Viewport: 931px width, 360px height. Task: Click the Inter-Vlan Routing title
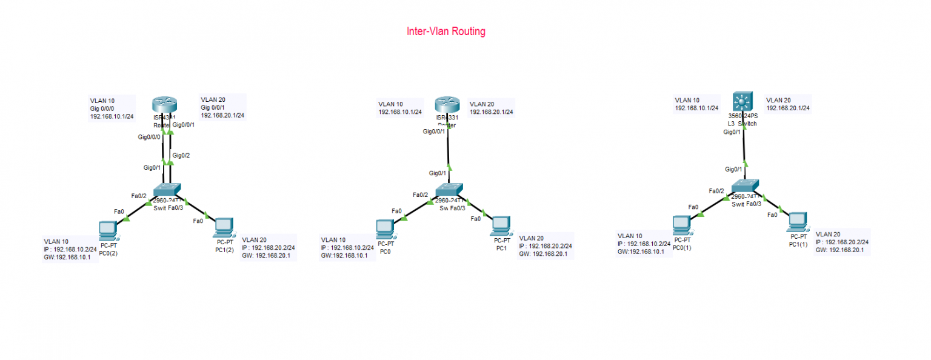pos(445,32)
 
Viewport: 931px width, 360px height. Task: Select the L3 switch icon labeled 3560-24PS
pos(741,101)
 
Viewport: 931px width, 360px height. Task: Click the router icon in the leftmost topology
pos(163,104)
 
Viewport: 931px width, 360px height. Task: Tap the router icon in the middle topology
pos(447,104)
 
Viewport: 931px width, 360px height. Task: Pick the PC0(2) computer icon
pos(108,230)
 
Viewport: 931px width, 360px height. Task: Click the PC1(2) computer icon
pos(224,226)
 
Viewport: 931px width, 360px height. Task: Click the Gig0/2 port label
pos(181,155)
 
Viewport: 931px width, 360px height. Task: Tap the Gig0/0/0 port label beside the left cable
pos(149,137)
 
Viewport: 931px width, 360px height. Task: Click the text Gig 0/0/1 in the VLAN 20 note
pos(215,107)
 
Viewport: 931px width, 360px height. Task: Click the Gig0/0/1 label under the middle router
pos(435,132)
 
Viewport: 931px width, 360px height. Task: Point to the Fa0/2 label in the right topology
pos(717,191)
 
